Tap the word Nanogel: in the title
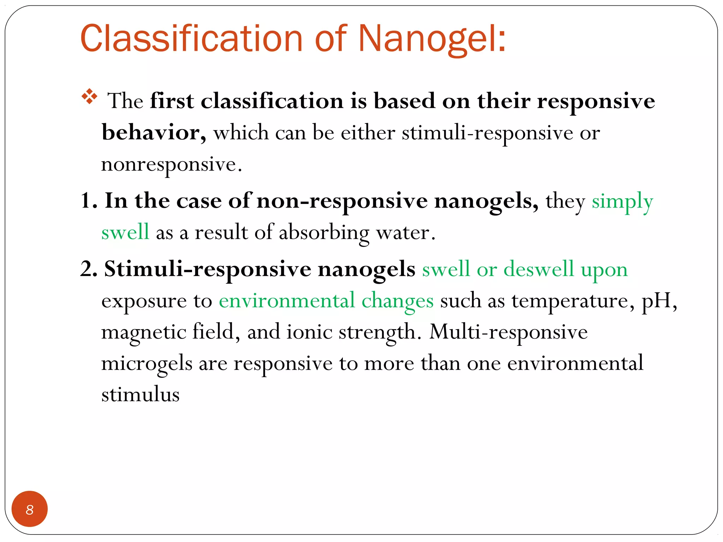tap(432, 39)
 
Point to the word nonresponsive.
tap(172, 165)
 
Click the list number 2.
tap(88, 269)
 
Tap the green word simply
tap(622, 202)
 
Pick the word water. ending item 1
tap(406, 233)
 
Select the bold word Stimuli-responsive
tap(208, 269)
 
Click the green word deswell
tap(539, 269)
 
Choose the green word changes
tap(397, 301)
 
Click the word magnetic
tap(143, 332)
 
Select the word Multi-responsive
tap(508, 332)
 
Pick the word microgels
tap(147, 363)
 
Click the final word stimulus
tap(140, 395)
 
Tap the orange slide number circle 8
tap(30, 509)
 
